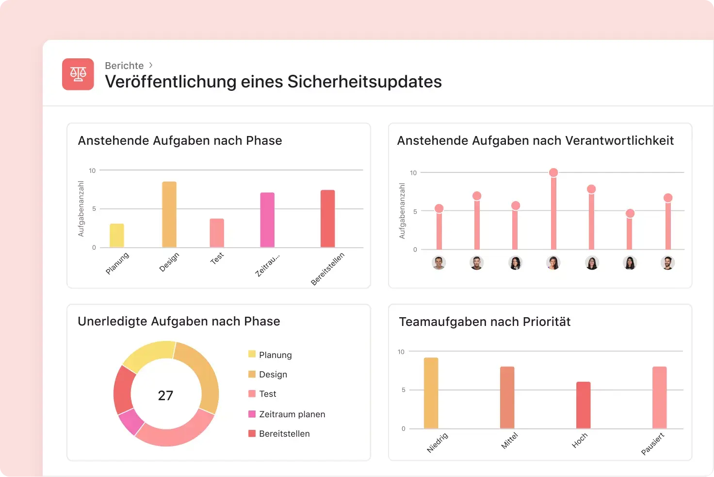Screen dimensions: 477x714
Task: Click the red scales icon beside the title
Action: (x=78, y=74)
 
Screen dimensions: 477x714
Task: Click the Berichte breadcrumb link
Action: (x=124, y=66)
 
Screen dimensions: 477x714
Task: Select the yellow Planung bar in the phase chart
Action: (x=117, y=236)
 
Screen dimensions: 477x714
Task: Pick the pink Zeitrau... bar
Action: (x=267, y=220)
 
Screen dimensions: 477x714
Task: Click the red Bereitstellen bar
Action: (x=327, y=219)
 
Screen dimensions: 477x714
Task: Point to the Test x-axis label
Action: (x=217, y=258)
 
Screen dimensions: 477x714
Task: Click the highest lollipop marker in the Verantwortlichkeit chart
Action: (x=553, y=172)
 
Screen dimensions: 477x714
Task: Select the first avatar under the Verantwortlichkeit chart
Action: (x=438, y=263)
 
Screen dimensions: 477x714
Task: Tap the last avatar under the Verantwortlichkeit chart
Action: (x=667, y=263)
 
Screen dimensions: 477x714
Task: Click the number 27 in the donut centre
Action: (x=165, y=395)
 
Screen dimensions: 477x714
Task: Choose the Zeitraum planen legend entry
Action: (x=292, y=414)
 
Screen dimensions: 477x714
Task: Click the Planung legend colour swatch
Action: (x=252, y=354)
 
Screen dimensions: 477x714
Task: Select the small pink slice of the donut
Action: (x=130, y=422)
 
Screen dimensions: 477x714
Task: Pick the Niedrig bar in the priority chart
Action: (x=431, y=393)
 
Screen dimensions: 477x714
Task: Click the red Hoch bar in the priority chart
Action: (x=583, y=405)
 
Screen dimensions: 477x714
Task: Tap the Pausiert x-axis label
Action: (x=652, y=444)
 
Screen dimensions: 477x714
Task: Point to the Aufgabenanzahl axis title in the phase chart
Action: (x=81, y=209)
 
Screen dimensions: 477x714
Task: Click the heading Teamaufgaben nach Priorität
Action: (x=484, y=322)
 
